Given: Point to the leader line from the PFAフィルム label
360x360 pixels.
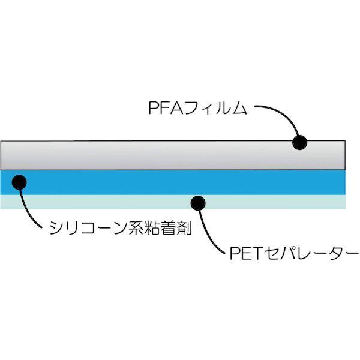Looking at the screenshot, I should pos(282,117).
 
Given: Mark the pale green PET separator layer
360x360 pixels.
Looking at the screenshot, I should pos(120,202).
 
